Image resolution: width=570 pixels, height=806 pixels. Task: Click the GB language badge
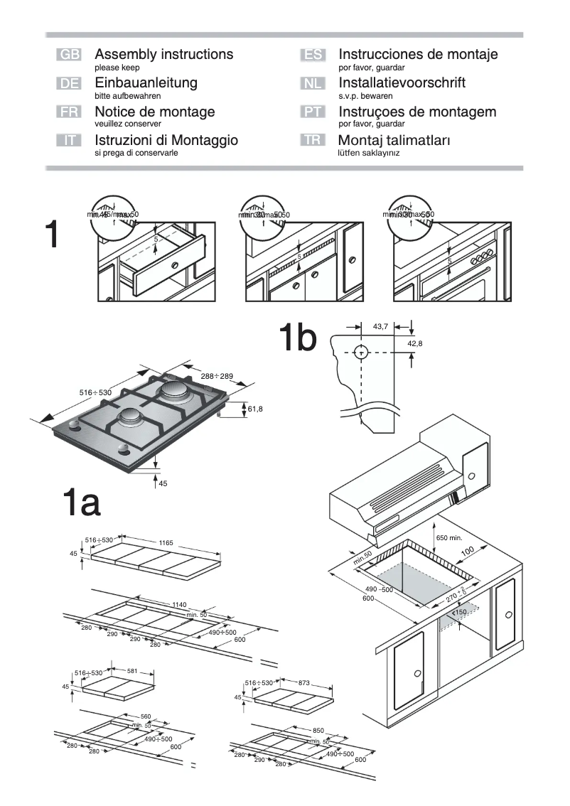pos(69,55)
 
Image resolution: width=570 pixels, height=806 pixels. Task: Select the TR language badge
pos(313,141)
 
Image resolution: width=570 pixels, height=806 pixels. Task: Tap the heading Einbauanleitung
pos(146,82)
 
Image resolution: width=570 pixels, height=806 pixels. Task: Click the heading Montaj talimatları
pos(394,141)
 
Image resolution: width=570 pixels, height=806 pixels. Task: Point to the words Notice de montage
pos(154,112)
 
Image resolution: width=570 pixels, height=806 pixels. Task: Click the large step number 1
pos(51,235)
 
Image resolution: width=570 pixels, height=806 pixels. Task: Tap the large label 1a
pos(81,504)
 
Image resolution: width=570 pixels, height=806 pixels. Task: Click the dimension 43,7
pos(381,326)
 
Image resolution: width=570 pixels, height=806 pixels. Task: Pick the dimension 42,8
pos(415,343)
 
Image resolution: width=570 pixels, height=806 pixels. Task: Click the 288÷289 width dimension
pos(217,376)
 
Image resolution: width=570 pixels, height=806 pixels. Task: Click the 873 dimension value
pos(304,682)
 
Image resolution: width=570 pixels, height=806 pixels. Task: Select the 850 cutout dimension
pos(318,730)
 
